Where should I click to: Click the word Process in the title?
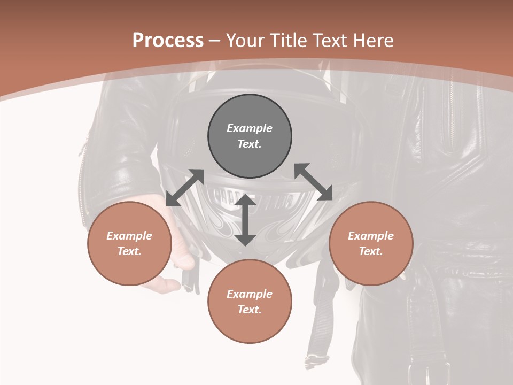(x=168, y=41)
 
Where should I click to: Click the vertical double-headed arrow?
(x=245, y=220)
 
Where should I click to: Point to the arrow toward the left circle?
(x=185, y=188)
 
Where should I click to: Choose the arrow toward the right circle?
(x=314, y=182)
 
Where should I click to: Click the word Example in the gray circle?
(x=250, y=128)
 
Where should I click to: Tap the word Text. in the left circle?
(x=129, y=251)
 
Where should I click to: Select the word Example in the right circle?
(x=371, y=236)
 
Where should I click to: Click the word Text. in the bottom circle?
(x=250, y=310)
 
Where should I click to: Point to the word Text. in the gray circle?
(x=250, y=144)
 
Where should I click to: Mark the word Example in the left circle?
(x=129, y=236)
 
